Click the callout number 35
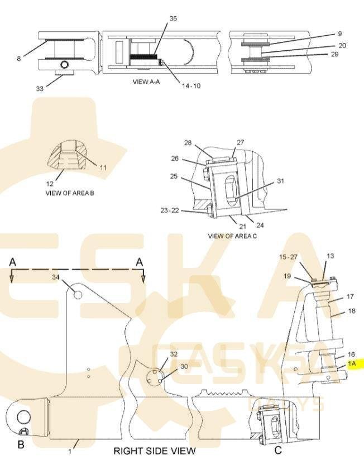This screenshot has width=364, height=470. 173,18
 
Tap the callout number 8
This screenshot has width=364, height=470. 18,57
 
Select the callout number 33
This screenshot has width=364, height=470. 39,88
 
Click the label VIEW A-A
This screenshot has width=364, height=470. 146,81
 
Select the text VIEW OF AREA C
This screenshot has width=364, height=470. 232,236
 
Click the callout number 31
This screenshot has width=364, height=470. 281,181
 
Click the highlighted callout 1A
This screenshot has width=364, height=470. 352,363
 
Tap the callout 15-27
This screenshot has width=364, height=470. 289,257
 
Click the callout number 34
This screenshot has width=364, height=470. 56,277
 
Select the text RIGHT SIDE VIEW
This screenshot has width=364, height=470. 155,450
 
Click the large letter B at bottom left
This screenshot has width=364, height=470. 21,445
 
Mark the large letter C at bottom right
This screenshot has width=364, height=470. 278,450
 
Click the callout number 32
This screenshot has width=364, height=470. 174,354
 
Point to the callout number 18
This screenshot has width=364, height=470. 351,310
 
